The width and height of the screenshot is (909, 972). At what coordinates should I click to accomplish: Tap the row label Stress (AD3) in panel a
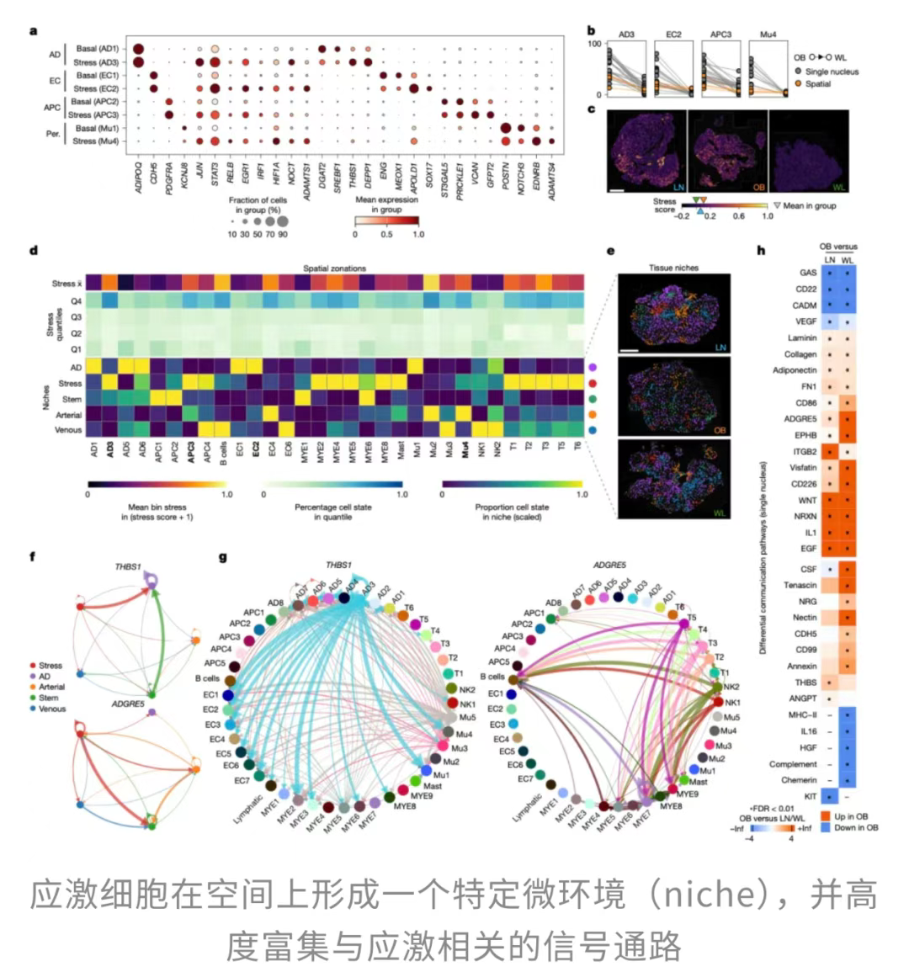[x=96, y=62]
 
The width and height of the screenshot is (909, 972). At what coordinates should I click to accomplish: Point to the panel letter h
[x=761, y=250]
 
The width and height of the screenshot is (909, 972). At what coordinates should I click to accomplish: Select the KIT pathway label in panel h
[x=810, y=795]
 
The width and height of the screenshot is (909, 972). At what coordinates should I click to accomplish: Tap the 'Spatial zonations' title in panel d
[x=335, y=268]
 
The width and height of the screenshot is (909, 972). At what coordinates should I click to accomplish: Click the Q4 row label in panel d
[x=76, y=300]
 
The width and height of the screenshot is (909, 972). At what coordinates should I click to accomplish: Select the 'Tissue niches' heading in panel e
[x=673, y=268]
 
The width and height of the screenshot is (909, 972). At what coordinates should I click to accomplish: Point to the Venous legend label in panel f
[x=51, y=709]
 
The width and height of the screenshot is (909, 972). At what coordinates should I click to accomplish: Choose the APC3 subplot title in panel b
[x=720, y=35]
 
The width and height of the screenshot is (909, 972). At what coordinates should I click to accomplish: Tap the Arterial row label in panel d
[x=68, y=415]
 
